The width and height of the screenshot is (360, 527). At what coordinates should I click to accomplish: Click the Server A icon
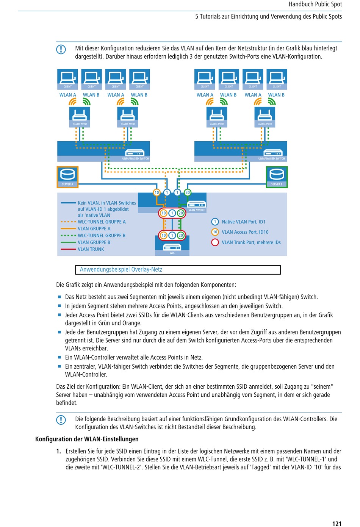click(67, 177)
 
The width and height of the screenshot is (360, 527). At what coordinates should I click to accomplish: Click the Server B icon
click(277, 177)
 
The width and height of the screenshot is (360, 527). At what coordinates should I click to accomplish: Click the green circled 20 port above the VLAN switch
click(187, 192)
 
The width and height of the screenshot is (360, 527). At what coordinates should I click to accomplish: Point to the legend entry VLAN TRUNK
click(91, 249)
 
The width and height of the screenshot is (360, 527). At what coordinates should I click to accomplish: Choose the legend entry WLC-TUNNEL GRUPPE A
click(102, 222)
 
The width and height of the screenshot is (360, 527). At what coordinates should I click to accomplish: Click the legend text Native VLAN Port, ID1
click(244, 222)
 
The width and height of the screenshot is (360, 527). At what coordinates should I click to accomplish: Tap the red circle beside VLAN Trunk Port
click(215, 242)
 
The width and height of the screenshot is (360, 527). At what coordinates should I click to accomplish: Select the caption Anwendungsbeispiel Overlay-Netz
click(121, 269)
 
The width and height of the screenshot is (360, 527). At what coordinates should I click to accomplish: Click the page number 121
click(337, 524)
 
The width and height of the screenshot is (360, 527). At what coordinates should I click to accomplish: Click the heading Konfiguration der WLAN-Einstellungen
click(87, 439)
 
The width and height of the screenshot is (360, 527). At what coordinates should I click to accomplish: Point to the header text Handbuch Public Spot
click(315, 4)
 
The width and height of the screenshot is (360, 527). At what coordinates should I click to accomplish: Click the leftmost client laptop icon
click(67, 79)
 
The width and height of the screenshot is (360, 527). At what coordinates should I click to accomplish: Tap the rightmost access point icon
click(265, 117)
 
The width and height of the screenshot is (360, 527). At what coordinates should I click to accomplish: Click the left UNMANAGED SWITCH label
click(136, 159)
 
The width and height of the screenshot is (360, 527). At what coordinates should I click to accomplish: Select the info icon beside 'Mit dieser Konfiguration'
click(61, 49)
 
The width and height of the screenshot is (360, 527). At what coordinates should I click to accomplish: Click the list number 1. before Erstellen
click(59, 451)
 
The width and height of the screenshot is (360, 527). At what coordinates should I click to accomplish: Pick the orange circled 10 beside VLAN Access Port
click(215, 232)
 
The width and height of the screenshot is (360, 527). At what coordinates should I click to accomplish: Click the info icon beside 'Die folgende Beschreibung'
click(61, 420)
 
